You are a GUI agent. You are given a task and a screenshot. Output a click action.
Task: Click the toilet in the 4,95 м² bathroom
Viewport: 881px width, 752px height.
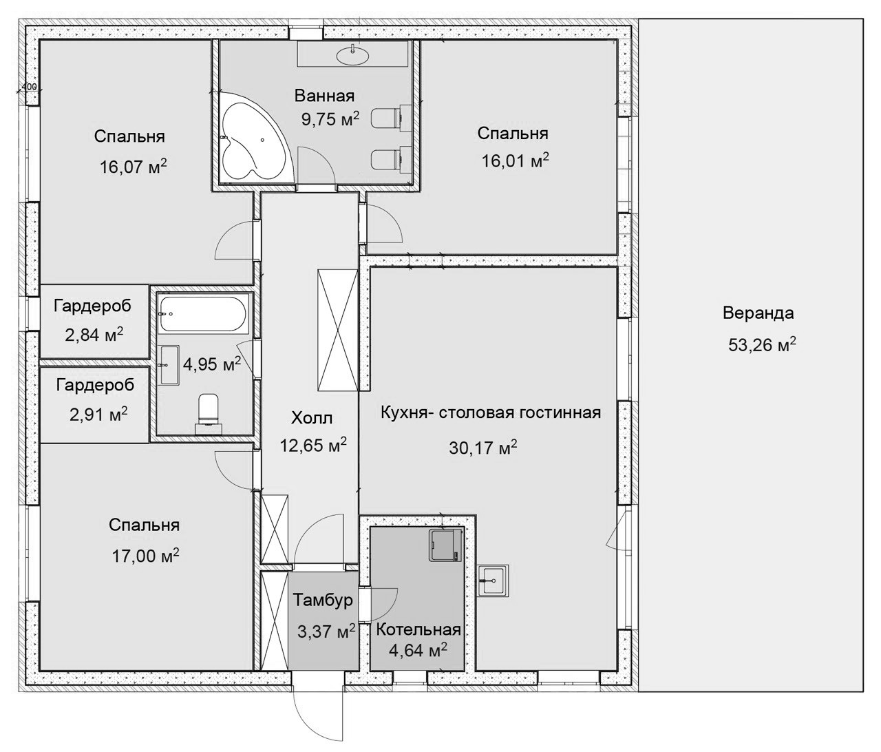click(209, 413)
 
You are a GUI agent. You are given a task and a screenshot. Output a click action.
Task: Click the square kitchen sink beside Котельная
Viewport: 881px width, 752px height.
click(493, 580)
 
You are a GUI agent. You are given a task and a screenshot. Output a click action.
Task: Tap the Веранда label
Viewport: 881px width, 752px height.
click(758, 313)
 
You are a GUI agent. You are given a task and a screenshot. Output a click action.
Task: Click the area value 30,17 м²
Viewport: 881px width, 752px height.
click(483, 448)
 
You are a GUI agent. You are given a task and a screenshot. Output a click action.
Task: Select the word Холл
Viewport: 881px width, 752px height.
click(312, 418)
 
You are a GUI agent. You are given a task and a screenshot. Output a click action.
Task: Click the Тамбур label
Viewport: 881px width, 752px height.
click(323, 600)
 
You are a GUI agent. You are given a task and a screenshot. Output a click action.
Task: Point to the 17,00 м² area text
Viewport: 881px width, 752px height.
click(145, 556)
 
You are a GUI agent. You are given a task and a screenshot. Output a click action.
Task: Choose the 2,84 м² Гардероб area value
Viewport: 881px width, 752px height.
click(94, 335)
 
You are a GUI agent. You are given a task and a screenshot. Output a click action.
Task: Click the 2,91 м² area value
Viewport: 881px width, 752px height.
click(98, 414)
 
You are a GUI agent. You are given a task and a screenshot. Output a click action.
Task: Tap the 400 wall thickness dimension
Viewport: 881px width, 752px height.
click(29, 87)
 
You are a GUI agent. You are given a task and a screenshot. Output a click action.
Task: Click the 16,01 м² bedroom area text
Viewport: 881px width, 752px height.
click(516, 161)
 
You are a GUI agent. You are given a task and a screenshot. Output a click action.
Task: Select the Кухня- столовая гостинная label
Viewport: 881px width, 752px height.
click(491, 412)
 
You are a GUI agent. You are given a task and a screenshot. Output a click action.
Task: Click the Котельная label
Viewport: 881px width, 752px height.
click(418, 629)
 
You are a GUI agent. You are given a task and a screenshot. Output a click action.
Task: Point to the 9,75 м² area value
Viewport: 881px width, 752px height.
click(330, 119)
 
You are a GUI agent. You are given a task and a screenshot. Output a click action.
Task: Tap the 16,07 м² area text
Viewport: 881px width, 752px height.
click(133, 167)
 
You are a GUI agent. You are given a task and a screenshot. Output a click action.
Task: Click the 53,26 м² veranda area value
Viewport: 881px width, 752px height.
click(762, 344)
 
